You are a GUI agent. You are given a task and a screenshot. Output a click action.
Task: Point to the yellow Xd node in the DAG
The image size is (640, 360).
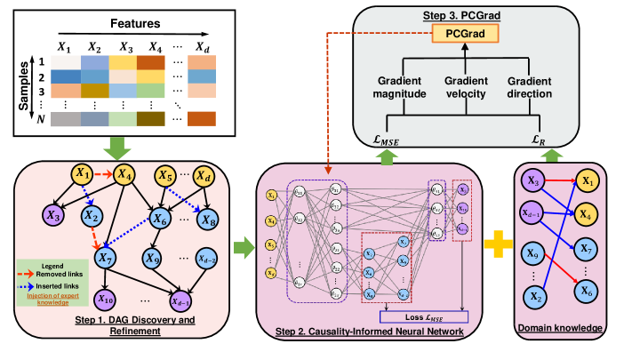204,175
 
